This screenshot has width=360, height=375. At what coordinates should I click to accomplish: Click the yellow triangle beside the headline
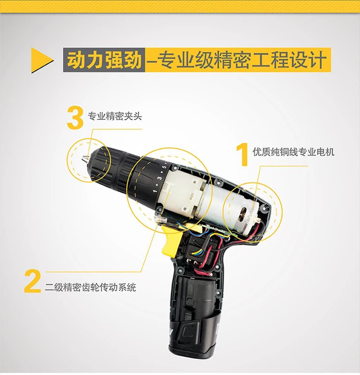pos(40,60)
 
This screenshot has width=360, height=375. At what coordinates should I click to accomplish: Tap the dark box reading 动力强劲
pos(104,60)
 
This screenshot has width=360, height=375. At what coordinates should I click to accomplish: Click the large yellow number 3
pos(75,118)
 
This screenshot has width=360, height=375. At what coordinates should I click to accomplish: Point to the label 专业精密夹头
pos(115,116)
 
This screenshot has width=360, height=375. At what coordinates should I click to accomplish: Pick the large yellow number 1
pos(243,154)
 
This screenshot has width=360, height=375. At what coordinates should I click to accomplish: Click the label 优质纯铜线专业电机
pos(293,152)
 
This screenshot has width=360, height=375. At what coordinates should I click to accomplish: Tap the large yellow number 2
pos(32,281)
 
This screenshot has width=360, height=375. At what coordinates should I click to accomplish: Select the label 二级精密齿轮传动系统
pos(90,287)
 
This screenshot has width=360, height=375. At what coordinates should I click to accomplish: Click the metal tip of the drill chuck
pos(85,158)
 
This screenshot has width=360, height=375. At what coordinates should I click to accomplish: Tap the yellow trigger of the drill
pos(171,239)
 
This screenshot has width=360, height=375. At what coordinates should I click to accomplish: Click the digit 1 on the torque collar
pos(155,191)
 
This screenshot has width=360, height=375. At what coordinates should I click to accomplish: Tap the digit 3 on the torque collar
pos(160,178)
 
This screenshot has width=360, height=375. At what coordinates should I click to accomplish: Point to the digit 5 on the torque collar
pos(164,167)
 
